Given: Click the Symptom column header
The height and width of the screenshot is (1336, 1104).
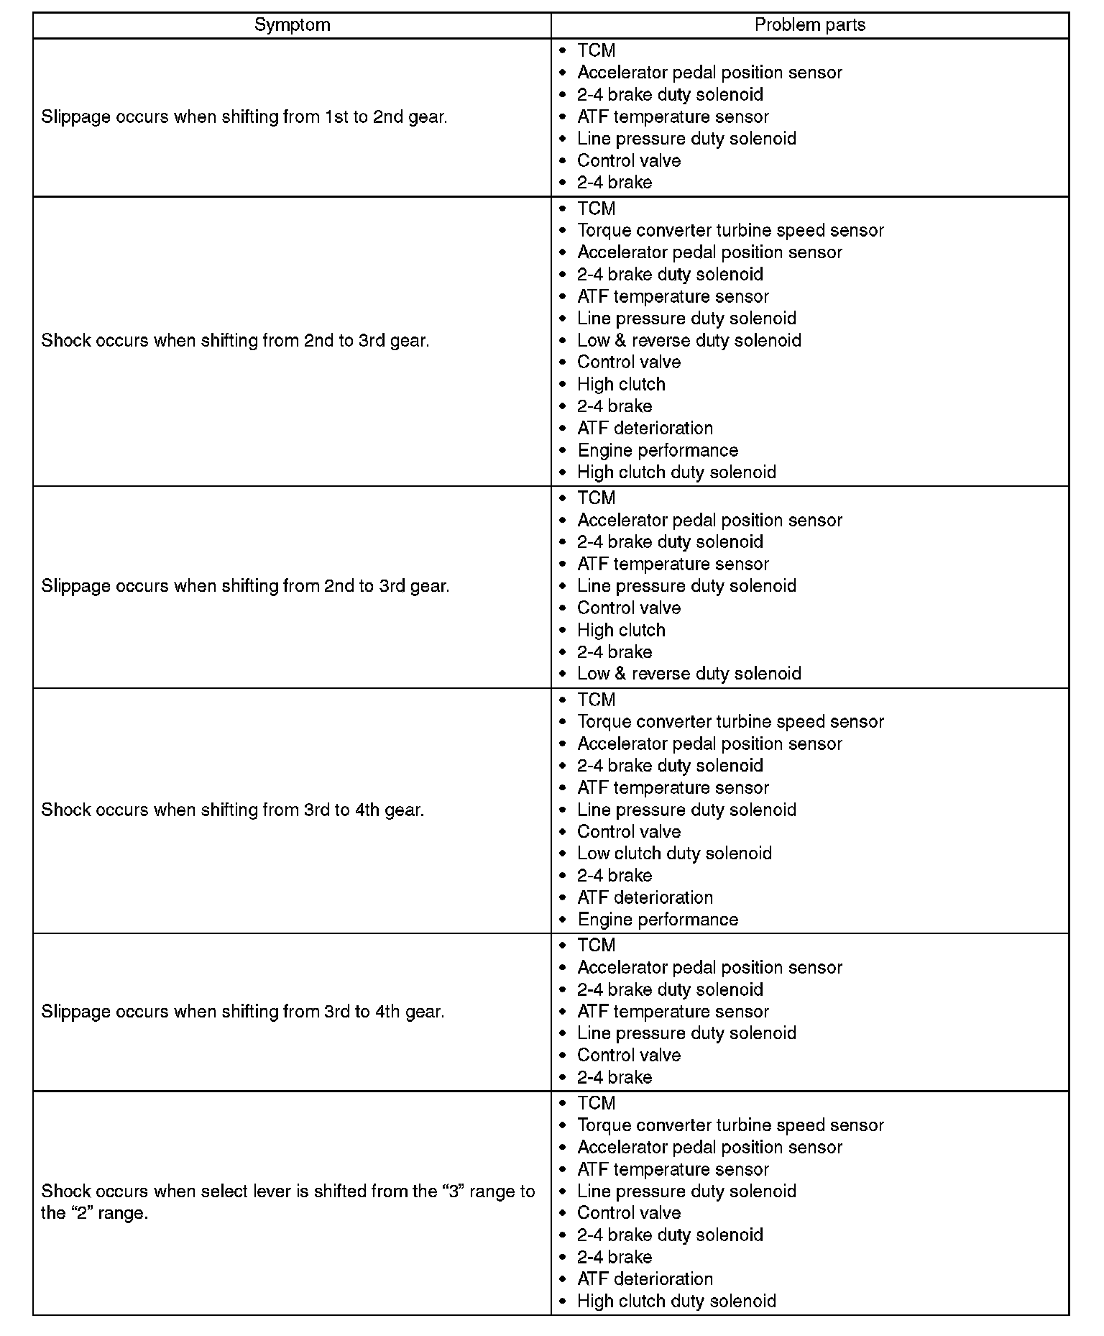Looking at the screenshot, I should coord(292,25).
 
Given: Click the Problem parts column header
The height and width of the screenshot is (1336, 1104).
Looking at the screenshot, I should coord(809,25).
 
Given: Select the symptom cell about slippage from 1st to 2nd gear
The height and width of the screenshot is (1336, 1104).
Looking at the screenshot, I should coord(244,117).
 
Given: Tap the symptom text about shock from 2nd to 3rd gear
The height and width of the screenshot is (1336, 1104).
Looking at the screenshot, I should coord(235,341).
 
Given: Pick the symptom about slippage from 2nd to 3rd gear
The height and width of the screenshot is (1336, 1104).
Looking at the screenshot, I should coord(245,586).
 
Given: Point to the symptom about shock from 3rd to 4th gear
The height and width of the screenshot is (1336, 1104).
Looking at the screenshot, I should coord(233,810).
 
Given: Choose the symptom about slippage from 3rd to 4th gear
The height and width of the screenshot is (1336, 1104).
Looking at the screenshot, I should coord(243,1012).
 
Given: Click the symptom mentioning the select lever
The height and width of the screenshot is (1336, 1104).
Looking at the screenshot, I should coord(287,1202).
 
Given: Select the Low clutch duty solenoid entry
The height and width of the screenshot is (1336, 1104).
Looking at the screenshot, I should coord(674,854).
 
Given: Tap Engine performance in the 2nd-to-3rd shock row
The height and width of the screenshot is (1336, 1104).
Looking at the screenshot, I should coord(658,451).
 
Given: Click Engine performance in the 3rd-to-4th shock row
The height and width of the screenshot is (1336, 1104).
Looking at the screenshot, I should coord(658,920).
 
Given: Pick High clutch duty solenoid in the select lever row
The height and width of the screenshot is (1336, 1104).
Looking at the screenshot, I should coord(676,1301).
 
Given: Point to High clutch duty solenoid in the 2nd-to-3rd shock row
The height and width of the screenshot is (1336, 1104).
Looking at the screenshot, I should coord(676,472).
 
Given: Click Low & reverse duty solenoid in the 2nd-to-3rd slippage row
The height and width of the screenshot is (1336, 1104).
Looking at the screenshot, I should coord(689,674).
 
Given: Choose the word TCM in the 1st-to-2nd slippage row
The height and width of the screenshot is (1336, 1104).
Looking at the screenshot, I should coord(596,51).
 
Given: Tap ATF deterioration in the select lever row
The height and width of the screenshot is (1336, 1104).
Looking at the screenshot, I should coord(645,1279).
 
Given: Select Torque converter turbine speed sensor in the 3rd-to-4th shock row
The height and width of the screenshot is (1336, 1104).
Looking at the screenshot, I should coord(730,722).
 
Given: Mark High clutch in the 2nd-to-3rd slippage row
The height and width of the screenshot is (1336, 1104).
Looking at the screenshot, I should coord(621,631).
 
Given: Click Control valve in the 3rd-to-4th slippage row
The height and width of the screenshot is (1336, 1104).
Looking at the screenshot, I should coord(629,1056).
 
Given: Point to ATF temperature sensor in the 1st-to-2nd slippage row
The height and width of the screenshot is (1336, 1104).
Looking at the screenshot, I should coord(673,117).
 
